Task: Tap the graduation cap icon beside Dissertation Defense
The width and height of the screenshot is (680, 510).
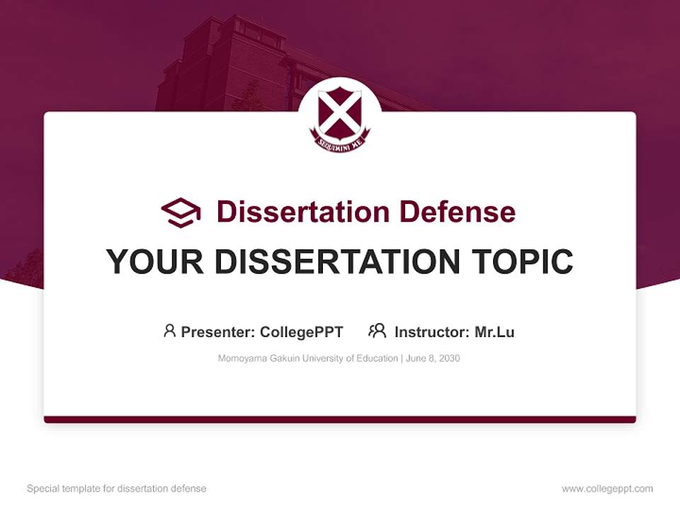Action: point(181,212)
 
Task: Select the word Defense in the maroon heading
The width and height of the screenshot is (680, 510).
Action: point(456,212)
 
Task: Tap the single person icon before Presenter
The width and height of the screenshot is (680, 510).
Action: point(169,331)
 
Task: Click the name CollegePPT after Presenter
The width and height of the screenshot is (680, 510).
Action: point(302,331)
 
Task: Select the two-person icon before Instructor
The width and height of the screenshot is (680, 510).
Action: point(378,331)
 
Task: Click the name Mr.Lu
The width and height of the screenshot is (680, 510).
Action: point(494,331)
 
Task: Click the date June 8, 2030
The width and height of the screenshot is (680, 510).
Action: point(433,358)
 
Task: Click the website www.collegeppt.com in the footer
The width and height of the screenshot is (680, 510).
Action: point(607,489)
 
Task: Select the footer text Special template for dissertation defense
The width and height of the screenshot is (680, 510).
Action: point(117,489)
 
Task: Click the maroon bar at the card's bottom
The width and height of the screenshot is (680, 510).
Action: point(339,419)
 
